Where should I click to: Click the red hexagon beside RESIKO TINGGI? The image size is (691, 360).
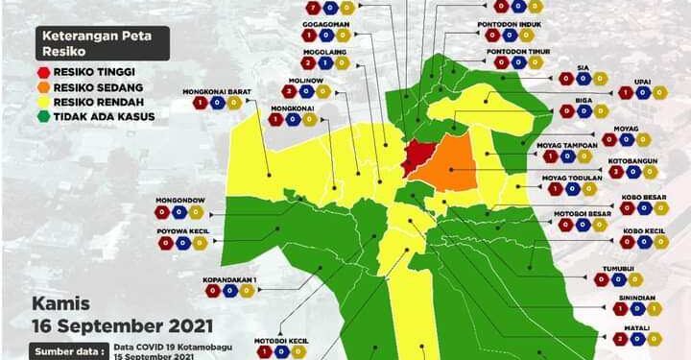45,72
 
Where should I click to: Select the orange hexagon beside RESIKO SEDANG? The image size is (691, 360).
45,86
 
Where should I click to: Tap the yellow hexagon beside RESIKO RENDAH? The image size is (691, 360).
45,102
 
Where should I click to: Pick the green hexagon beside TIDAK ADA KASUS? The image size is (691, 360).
45,116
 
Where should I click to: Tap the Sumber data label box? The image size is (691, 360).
68,351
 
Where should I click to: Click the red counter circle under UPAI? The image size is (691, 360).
626,93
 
